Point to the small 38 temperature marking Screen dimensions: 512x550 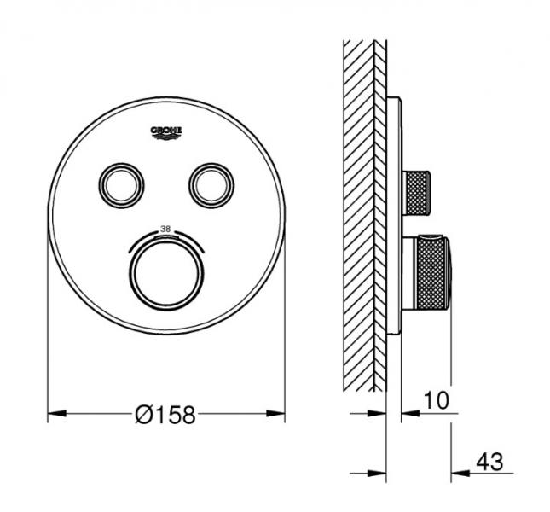pos(167,228)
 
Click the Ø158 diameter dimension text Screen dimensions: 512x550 pos(165,416)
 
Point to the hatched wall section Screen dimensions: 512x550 pos(362,213)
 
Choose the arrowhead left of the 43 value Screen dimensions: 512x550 pos(456,471)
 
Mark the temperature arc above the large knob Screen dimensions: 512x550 pos(167,238)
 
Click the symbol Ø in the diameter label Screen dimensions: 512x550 pos(145,416)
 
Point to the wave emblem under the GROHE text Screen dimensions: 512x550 pos(167,136)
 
